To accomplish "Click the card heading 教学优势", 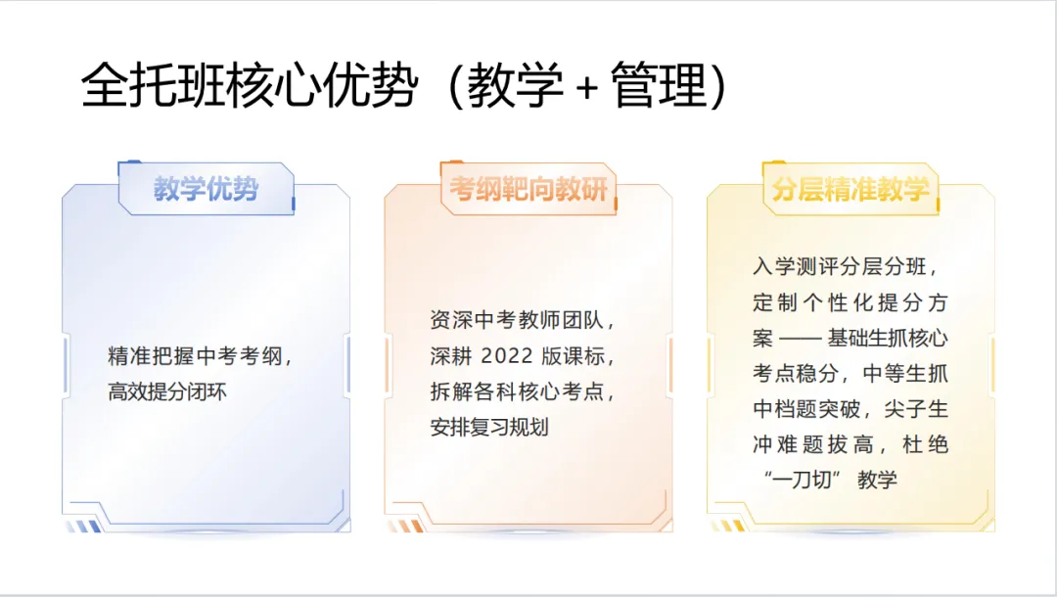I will tap(206, 189).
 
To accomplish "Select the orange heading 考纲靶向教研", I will tap(528, 189).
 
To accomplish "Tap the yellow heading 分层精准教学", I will tap(850, 189).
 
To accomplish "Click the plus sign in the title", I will tap(586, 88).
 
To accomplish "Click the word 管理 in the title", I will tap(658, 87).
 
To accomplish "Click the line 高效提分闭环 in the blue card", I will tap(167, 392).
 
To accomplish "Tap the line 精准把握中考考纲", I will tap(201, 356).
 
